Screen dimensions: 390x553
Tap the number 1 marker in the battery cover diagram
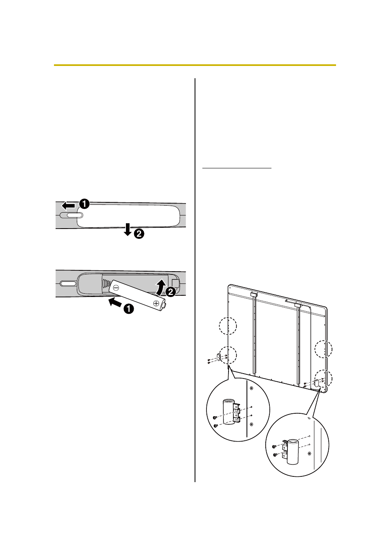[84, 204]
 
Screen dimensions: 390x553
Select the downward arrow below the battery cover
[128, 229]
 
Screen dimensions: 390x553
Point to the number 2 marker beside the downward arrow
[139, 233]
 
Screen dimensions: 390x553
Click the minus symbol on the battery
[116, 288]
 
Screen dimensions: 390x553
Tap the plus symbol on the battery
[156, 303]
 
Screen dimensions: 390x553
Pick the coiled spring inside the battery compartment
[106, 284]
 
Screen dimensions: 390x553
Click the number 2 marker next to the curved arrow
[170, 292]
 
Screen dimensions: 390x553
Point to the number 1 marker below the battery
[129, 309]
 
